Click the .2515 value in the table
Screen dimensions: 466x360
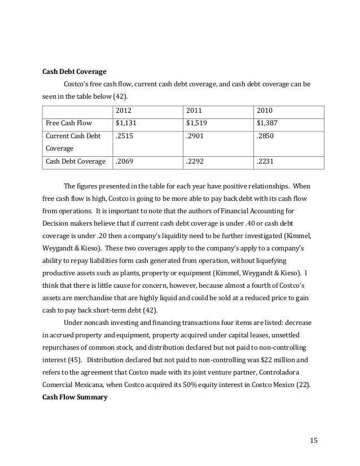[125, 137]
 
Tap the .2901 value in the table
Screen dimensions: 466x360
[196, 137]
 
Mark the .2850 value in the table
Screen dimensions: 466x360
[267, 137]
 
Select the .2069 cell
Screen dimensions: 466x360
[125, 162]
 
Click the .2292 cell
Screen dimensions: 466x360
[196, 162]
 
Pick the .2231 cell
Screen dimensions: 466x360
[267, 162]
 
